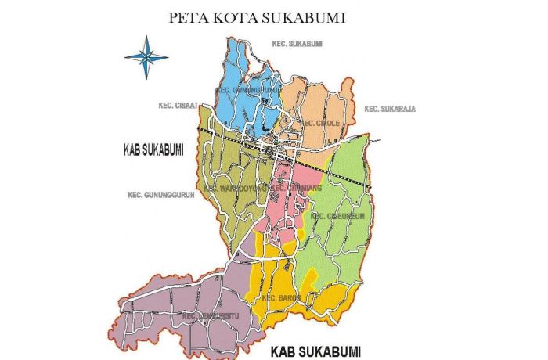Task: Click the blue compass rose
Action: pyautogui.click(x=146, y=56)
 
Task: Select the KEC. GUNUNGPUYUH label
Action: pyautogui.click(x=248, y=90)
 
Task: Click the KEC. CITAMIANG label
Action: pyautogui.click(x=296, y=189)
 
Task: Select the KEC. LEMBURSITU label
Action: pyautogui.click(x=210, y=315)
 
